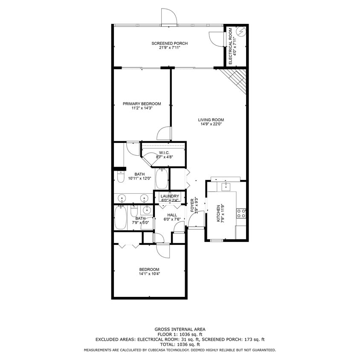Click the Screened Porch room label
click(169, 44)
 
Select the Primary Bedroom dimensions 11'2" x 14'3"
click(142, 108)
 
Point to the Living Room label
click(211, 120)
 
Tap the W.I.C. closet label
click(164, 153)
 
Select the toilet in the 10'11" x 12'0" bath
click(120, 176)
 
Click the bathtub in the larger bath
click(162, 179)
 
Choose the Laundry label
click(170, 196)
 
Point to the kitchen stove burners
click(241, 213)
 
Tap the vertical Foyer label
click(192, 205)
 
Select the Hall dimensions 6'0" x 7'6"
click(172, 219)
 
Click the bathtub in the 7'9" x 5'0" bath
click(121, 218)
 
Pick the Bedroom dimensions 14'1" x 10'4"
click(149, 274)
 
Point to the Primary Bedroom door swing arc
click(163, 134)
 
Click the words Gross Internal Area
click(180, 329)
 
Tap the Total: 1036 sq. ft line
click(180, 344)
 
